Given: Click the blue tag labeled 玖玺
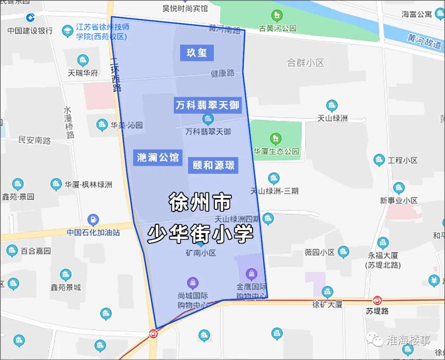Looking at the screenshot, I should click(x=197, y=53).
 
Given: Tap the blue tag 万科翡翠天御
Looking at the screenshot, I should click(x=207, y=105).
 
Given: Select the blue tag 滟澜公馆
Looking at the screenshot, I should click(x=157, y=157).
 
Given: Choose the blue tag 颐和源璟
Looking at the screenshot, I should click(x=213, y=165).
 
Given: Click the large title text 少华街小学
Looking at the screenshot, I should click(x=200, y=234).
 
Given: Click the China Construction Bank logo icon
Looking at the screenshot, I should click(x=30, y=18).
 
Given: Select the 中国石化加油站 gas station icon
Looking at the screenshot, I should click(x=93, y=220).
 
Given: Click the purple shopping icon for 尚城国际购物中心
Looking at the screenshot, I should click(x=192, y=283).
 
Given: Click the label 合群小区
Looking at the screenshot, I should click(x=305, y=63).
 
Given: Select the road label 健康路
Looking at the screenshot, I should click(x=222, y=73).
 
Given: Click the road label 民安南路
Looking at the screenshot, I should click(x=35, y=140).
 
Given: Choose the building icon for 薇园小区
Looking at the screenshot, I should click(x=343, y=252).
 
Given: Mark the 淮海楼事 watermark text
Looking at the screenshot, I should click(x=408, y=340).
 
